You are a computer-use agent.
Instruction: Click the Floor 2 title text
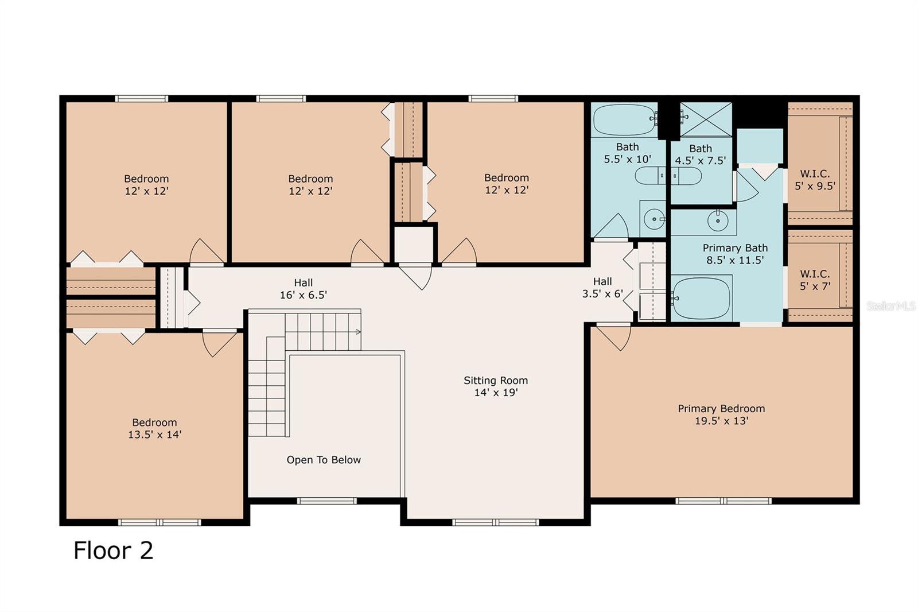(x=113, y=551)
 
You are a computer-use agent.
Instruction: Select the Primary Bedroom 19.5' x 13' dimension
(x=721, y=421)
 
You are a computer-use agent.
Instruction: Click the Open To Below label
(x=324, y=460)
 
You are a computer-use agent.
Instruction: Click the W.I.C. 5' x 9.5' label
(x=815, y=180)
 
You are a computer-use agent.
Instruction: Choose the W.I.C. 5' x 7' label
(x=815, y=280)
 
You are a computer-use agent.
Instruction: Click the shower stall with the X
(x=706, y=119)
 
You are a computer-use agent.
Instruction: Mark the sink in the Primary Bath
(x=717, y=219)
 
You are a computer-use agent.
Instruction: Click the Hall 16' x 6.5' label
(x=303, y=289)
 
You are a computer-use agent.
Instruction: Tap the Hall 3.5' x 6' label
(x=602, y=288)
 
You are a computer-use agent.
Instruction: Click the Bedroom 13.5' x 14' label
(x=154, y=428)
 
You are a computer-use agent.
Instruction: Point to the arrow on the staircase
(x=358, y=331)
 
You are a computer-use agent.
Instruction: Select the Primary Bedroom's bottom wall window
(x=723, y=501)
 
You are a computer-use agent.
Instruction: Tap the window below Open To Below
(x=327, y=501)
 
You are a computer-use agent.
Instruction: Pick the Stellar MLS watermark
(x=890, y=306)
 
